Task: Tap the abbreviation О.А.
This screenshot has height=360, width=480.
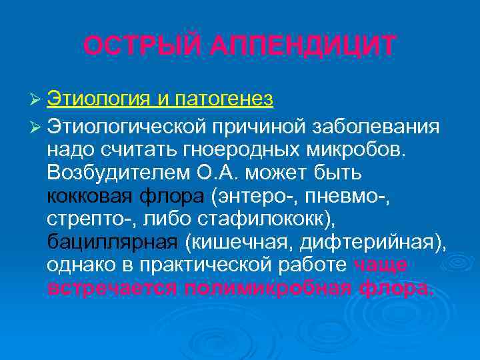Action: (x=229, y=173)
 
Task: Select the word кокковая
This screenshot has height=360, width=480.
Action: (x=90, y=197)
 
